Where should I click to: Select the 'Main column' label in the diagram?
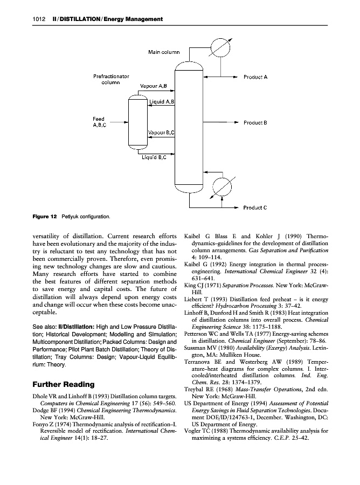pyautogui.click(x=164, y=52)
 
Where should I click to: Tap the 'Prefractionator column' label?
pyautogui.click(x=111, y=80)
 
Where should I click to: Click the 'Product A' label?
pyautogui.click(x=256, y=77)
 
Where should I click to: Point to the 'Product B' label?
pyautogui.click(x=256, y=123)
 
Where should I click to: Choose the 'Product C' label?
pyautogui.click(x=256, y=207)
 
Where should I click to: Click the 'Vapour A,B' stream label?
pyautogui.click(x=154, y=86)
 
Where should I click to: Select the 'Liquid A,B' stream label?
pyautogui.click(x=161, y=102)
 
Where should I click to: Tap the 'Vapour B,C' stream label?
pyautogui.click(x=161, y=132)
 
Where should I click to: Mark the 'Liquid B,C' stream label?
pyautogui.click(x=154, y=158)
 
